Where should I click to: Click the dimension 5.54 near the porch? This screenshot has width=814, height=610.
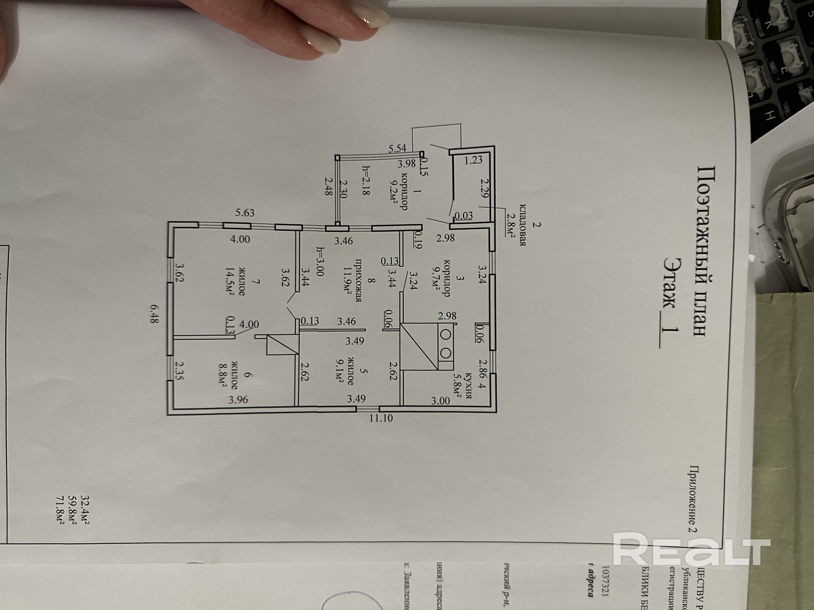pos(398,148)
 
